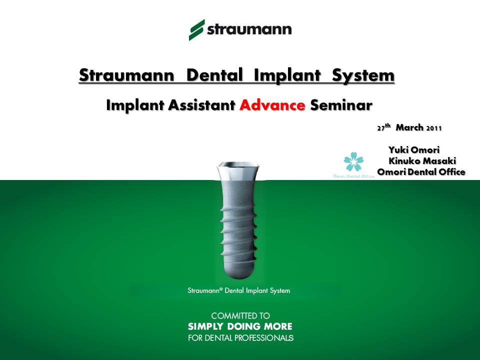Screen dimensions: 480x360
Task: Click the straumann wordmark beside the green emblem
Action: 249,29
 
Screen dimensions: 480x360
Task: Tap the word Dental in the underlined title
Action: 214,75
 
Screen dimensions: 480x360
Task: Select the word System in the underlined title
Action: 363,75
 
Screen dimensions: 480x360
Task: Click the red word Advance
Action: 272,105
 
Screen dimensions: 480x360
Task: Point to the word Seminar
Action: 341,105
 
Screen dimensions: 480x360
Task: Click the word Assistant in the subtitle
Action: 201,105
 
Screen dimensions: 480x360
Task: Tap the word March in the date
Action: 409,127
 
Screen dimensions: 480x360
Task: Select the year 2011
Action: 434,128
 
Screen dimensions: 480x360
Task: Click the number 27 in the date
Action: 381,128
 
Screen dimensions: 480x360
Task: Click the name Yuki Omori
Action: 414,149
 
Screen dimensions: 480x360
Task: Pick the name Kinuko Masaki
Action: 422,160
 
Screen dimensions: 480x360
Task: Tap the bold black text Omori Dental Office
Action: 421,171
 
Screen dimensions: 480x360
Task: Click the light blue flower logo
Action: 353,161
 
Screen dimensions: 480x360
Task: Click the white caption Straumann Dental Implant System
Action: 239,290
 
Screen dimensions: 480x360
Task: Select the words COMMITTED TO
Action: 240,315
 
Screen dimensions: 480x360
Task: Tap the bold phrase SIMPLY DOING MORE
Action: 240,326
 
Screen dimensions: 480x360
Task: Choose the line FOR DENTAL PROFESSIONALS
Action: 240,338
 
